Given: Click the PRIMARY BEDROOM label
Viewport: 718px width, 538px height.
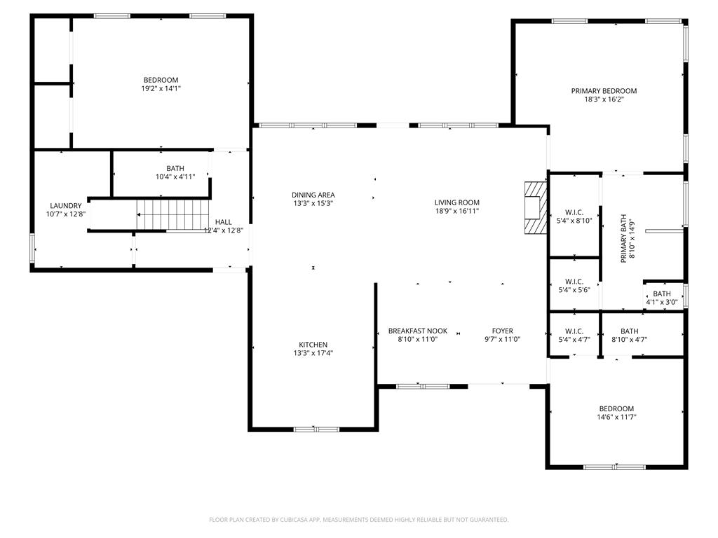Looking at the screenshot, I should pos(604,91).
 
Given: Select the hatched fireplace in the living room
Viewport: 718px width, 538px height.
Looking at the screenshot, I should pos(535,207).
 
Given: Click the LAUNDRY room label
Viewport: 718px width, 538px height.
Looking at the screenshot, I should pos(65,206).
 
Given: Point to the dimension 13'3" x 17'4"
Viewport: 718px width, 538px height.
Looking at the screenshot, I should pos(313,354).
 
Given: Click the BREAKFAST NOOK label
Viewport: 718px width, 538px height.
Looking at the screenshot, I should pos(418,331).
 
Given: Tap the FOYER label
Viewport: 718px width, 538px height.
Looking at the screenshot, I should pos(502,331).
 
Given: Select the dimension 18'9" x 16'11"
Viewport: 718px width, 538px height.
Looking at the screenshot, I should pos(456,211).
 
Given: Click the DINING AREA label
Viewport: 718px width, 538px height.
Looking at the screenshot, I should pos(313,195).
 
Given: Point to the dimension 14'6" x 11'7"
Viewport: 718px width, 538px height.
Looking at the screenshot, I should pos(616,417).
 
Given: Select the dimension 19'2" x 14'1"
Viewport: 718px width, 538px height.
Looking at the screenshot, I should pos(161,88).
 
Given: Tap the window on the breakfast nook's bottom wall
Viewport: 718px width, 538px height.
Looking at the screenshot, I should pos(423,386).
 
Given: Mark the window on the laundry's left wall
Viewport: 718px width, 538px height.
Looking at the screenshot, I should pos(32,248).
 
